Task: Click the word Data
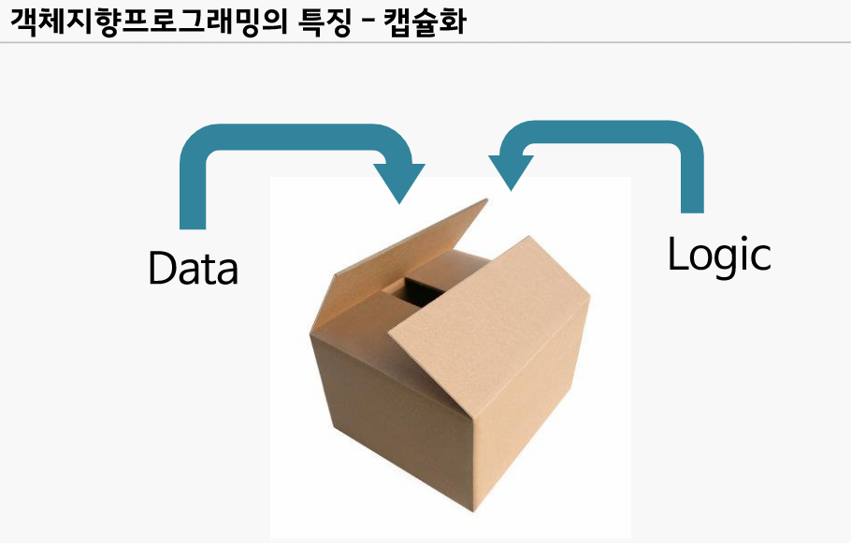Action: coord(194,268)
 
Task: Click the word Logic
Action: coord(719,254)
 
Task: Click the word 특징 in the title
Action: coord(321,21)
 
